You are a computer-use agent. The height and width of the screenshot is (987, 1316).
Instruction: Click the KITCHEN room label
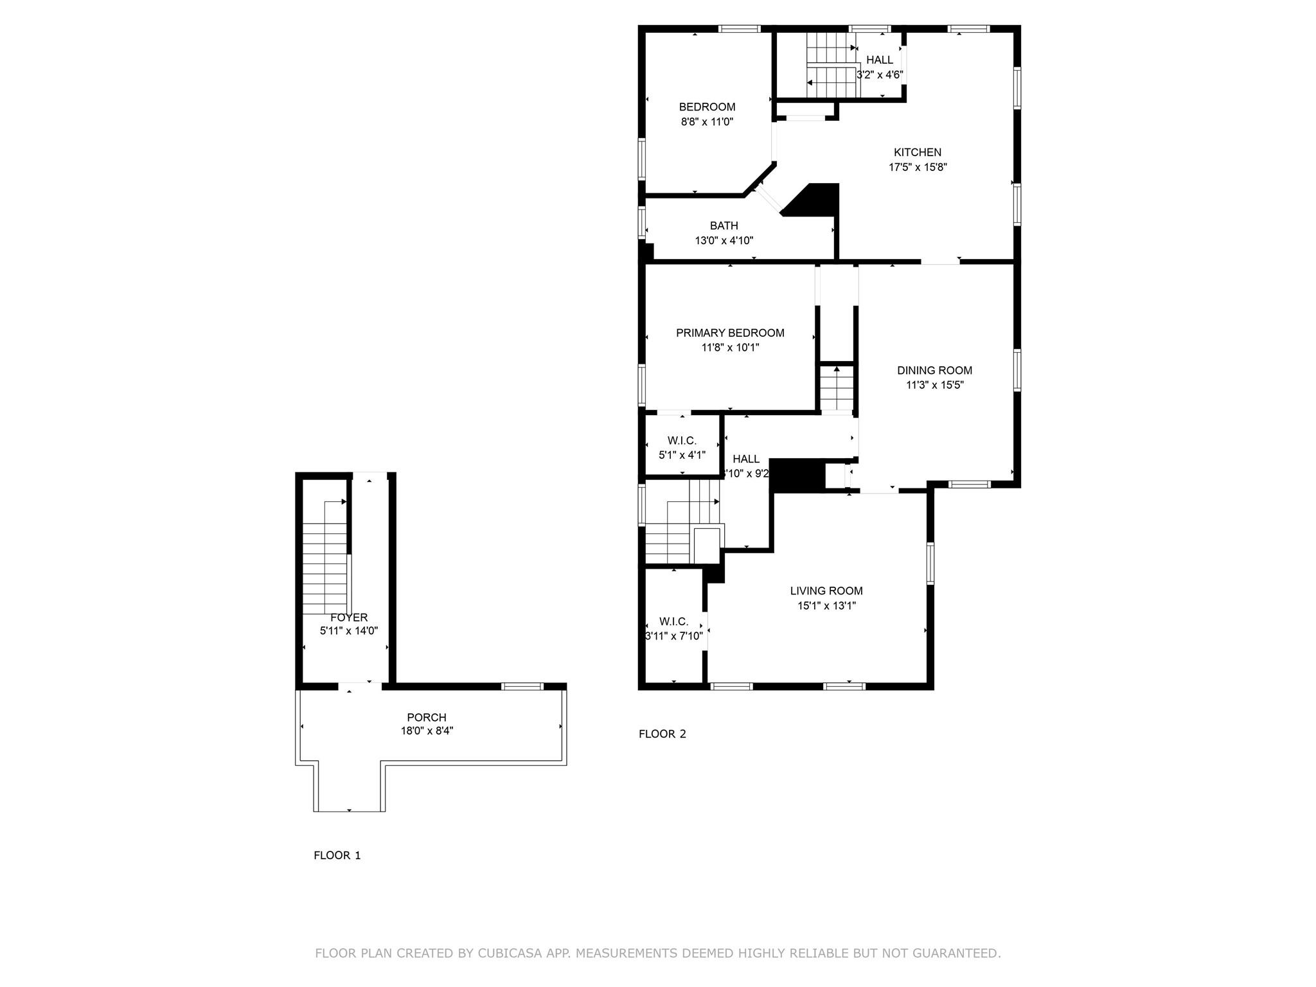pos(917,152)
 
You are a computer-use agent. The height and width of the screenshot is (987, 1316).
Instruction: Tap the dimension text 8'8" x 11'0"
pos(707,121)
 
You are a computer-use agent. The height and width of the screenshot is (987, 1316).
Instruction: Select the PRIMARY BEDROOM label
pos(730,333)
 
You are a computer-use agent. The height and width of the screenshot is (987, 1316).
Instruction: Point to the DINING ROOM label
pos(934,370)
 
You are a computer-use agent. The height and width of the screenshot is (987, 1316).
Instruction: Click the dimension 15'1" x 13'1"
pos(826,605)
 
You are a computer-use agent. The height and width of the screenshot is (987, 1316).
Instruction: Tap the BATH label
pos(724,226)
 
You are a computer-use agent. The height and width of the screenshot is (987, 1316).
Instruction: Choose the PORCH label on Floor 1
pos(426,717)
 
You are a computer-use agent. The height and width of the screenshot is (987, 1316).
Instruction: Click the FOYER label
pos(349,618)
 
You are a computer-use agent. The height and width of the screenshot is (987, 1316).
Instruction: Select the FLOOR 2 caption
pos(662,734)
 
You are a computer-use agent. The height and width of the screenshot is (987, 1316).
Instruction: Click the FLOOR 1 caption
pos(337,855)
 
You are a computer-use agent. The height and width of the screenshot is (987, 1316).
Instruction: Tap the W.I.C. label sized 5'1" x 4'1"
pos(682,441)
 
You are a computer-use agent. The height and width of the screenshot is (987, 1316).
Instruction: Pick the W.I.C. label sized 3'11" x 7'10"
pos(673,621)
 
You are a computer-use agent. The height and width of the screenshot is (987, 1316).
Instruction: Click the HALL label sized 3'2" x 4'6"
pos(879,60)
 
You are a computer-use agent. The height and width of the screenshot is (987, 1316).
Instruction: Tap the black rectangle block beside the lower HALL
pos(797,476)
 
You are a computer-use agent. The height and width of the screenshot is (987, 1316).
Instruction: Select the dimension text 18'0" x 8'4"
pos(427,731)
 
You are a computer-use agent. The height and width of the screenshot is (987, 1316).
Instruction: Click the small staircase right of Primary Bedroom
pos(836,389)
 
